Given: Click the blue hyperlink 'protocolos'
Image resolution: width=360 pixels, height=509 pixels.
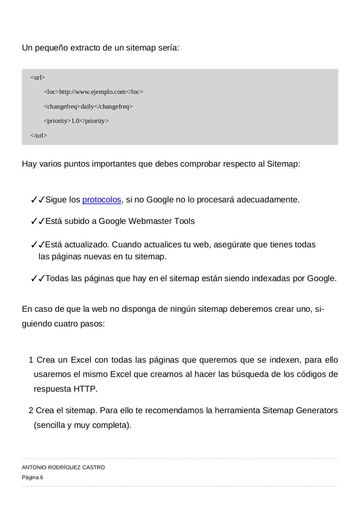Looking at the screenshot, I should (x=101, y=200).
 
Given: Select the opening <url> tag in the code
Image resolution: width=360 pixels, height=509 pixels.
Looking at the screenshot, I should (x=38, y=78).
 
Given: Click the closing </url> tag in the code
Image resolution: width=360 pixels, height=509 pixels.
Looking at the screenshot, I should (x=39, y=136).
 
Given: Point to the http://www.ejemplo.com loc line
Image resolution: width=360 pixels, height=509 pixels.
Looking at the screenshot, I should (x=93, y=92).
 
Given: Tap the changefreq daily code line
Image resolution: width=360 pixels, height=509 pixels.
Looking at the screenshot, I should (x=88, y=107).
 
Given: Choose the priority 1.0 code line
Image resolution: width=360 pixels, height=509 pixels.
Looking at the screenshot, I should (x=76, y=121).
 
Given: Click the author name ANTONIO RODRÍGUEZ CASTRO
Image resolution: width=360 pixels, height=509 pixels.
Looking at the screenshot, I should (x=63, y=468).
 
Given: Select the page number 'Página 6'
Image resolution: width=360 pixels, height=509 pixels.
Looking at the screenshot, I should (x=33, y=478).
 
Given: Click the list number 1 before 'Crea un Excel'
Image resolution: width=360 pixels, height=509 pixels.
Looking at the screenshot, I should (x=31, y=360).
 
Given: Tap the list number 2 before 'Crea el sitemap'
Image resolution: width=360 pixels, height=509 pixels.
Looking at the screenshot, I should (x=31, y=410).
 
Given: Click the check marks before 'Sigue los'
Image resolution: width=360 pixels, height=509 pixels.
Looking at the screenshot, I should (x=37, y=200).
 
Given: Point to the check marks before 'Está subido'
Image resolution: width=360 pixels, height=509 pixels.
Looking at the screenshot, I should (x=37, y=221).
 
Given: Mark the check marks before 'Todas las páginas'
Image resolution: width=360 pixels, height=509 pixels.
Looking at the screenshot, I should (x=37, y=279).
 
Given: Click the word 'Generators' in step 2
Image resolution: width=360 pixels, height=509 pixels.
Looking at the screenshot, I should (x=317, y=410).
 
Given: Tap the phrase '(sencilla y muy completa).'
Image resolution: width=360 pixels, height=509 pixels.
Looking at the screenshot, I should (x=83, y=425).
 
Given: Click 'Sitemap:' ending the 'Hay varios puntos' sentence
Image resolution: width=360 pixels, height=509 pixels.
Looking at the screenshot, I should (x=283, y=164).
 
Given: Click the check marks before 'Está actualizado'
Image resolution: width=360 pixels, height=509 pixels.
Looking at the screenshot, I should (x=37, y=245).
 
